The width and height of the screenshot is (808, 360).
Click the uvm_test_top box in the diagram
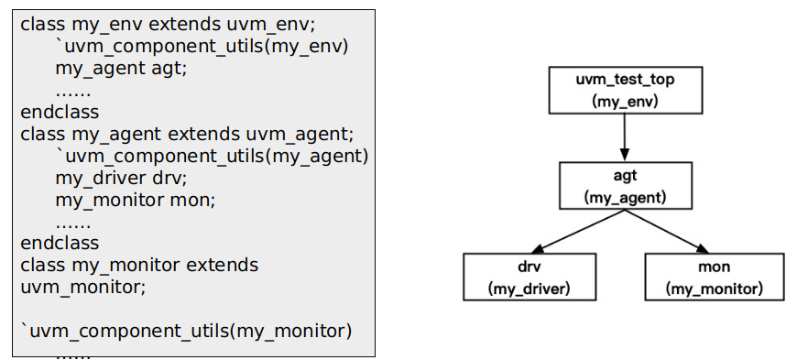(x=624, y=90)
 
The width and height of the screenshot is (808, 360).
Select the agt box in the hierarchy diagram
(x=625, y=185)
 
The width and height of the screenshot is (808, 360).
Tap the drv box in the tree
(x=529, y=278)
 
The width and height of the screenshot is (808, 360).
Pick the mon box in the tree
(x=714, y=278)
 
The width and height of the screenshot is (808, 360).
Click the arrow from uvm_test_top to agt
(x=624, y=137)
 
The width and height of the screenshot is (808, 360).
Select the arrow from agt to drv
(x=577, y=231)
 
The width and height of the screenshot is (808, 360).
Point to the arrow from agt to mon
(x=669, y=231)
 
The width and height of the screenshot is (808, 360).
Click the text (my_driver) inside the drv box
(x=529, y=289)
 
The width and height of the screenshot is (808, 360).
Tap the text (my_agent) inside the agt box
(x=625, y=197)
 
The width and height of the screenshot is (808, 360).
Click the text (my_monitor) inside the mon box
(x=714, y=289)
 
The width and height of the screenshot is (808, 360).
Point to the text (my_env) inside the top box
(x=624, y=102)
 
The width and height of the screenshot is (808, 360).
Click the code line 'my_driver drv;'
(x=121, y=178)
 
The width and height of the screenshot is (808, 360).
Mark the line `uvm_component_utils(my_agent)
(x=212, y=156)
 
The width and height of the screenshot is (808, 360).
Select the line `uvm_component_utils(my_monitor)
(x=186, y=331)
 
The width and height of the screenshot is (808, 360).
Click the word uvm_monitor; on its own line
(x=82, y=287)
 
